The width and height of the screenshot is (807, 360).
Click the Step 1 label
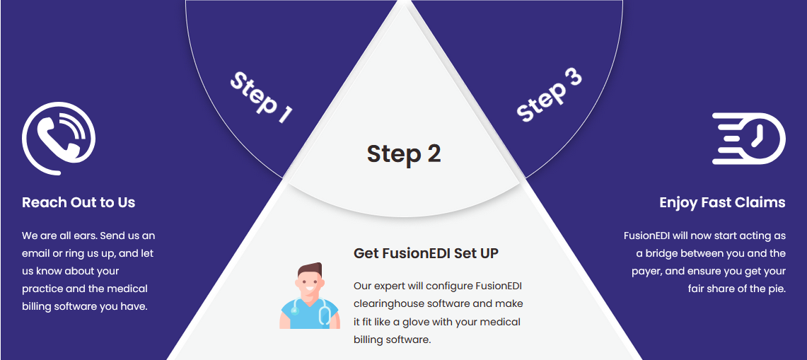click(261, 98)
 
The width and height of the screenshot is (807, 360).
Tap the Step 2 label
click(404, 153)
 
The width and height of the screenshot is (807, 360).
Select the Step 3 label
click(549, 95)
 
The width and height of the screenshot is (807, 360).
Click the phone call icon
click(59, 138)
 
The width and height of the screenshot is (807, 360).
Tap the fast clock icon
click(749, 139)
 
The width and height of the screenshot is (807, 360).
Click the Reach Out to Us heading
click(79, 202)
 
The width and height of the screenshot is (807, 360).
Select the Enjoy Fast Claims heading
click(723, 203)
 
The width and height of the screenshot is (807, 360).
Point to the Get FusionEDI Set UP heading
click(426, 253)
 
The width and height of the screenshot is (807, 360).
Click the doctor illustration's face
click(310, 285)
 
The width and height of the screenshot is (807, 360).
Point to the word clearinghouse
click(385, 304)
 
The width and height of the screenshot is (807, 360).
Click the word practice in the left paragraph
click(42, 289)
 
